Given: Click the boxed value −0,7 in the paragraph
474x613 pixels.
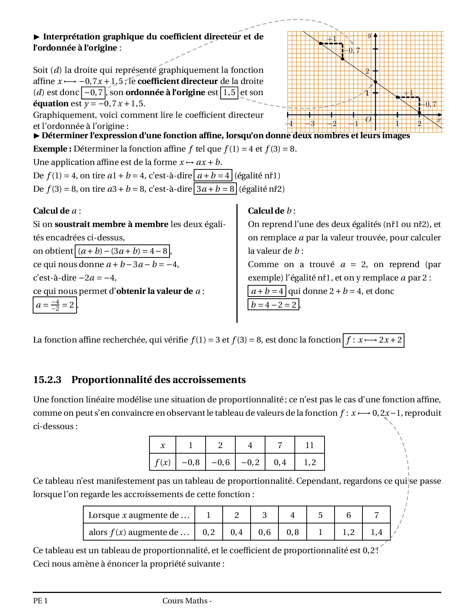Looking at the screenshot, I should (x=93, y=93).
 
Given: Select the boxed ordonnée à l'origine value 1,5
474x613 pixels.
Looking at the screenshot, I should (x=229, y=93).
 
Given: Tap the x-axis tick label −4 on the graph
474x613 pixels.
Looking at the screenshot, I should (x=289, y=124).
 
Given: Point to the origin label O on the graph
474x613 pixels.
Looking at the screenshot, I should (x=368, y=120).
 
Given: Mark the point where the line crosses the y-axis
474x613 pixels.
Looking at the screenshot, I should (x=375, y=82).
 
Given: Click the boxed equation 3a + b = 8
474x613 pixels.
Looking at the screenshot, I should (x=215, y=189).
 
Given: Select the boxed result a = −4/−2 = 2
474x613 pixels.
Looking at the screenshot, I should (x=55, y=305).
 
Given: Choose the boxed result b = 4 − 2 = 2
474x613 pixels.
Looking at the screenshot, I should (x=273, y=305).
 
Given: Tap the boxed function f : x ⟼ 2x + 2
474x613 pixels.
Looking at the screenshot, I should (x=373, y=340).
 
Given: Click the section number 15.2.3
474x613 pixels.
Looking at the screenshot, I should (x=47, y=380).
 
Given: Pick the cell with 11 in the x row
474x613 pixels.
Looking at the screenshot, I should (x=309, y=445).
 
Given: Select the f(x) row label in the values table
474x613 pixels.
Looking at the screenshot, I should (x=162, y=462).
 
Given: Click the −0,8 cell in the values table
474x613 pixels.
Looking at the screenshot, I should (x=190, y=462).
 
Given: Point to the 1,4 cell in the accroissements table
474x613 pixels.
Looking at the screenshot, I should (x=376, y=532).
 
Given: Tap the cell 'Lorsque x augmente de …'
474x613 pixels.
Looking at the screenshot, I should (x=139, y=515).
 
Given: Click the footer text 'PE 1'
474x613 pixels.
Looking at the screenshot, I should (x=40, y=601).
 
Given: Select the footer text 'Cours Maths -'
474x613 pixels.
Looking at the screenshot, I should (x=187, y=601).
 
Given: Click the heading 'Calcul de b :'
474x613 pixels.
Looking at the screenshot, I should (x=271, y=211).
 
